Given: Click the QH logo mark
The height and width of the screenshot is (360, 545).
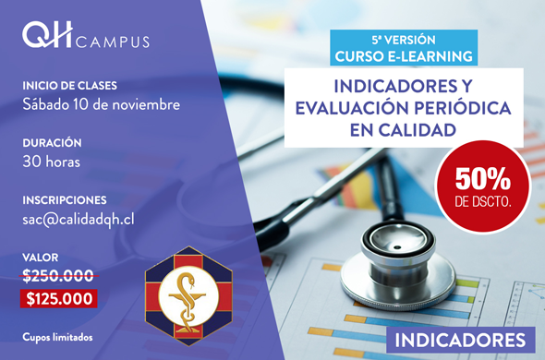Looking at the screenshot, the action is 48,35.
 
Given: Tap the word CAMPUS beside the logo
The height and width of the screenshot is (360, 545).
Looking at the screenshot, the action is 113,42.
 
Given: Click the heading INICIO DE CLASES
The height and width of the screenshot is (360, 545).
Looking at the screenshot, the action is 69,86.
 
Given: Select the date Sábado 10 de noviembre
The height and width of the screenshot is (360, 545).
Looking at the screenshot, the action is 101,104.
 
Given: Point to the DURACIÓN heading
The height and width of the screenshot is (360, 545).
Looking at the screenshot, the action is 52,142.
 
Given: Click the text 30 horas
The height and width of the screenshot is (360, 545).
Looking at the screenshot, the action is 52,162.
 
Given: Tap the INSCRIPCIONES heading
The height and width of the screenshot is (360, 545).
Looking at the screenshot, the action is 65,200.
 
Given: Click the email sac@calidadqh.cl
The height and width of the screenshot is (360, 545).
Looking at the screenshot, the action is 79,220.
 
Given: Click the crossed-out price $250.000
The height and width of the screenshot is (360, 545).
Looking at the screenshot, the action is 58,276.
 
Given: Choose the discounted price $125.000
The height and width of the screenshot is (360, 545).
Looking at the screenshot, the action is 59,299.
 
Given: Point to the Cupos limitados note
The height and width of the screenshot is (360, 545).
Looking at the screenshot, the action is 57,337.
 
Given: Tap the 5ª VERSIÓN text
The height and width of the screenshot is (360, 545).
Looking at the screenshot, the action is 404,40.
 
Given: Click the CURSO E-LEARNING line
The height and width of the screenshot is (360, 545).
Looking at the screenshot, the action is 404,56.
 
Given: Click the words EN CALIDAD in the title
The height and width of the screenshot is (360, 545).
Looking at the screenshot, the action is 403,129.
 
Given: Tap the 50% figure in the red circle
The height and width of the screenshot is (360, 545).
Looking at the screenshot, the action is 483,179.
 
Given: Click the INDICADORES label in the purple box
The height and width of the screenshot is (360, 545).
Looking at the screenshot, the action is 461,340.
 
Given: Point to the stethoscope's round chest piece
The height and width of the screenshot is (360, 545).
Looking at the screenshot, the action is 397,267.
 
